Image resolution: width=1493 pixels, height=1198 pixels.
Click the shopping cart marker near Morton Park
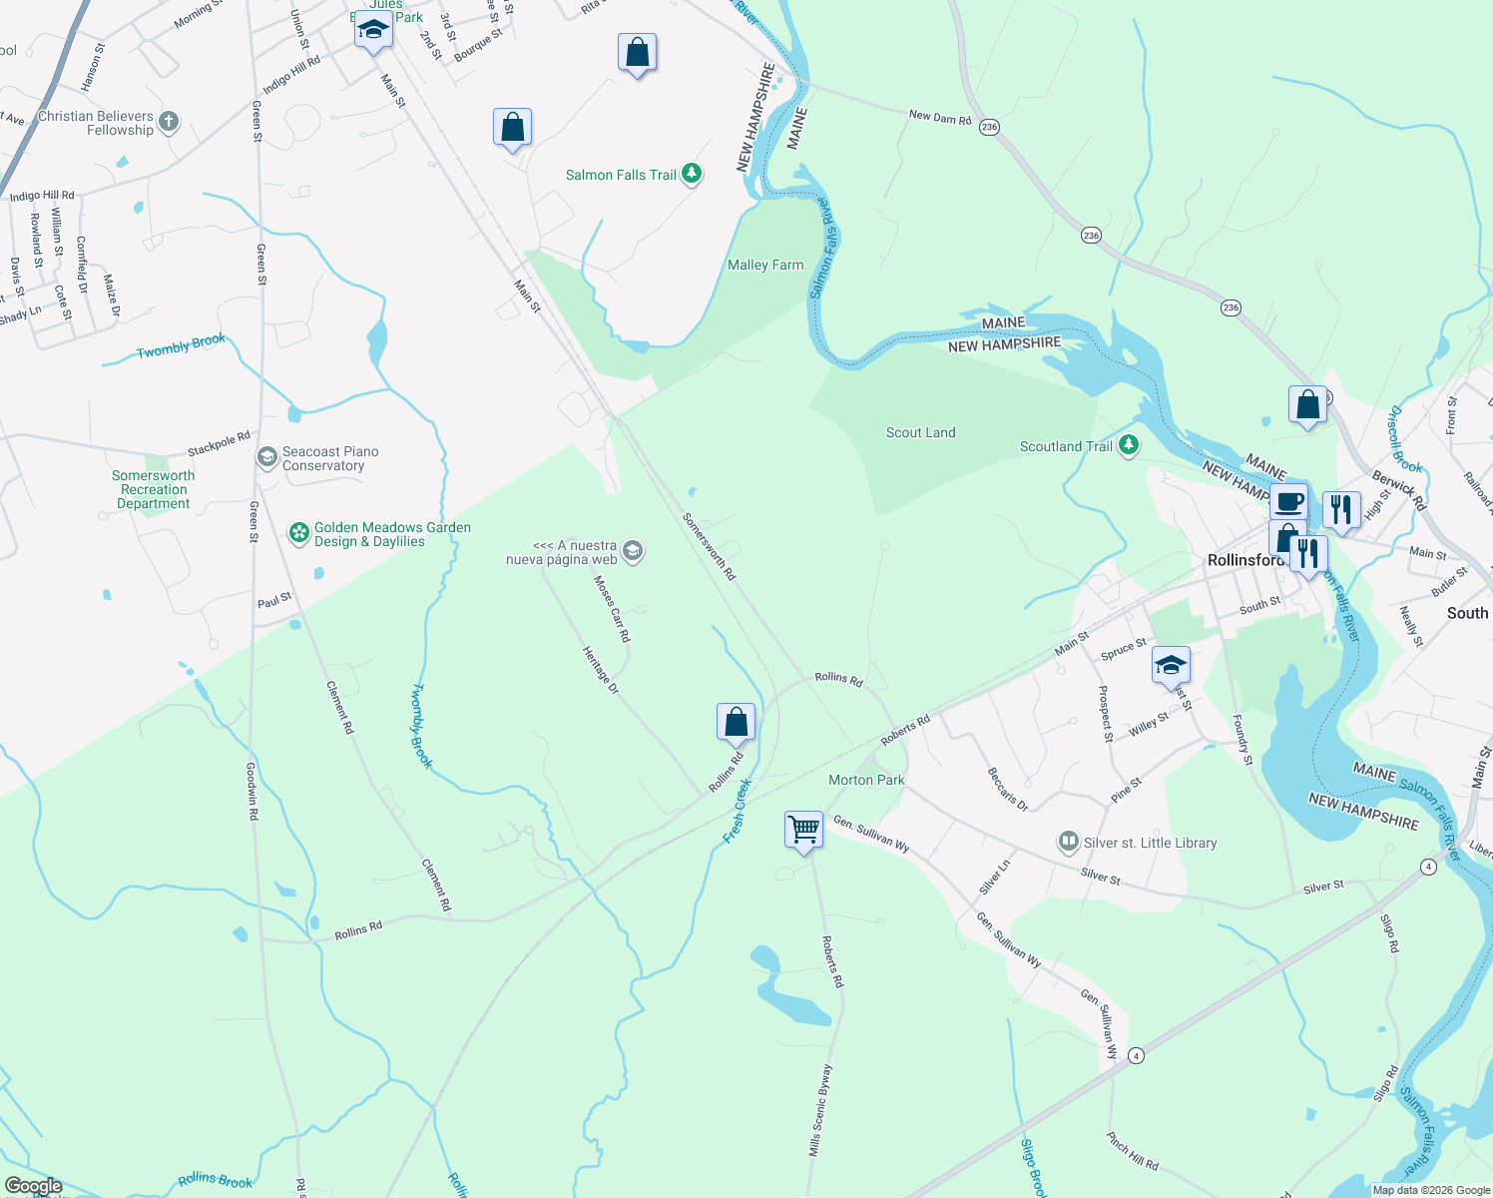click(x=803, y=830)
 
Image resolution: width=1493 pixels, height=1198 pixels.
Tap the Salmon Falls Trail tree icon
click(x=691, y=174)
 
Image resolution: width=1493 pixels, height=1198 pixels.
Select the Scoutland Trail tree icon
click(x=1129, y=445)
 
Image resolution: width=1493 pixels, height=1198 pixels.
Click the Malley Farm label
click(x=765, y=265)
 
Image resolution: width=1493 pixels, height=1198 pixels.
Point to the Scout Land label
click(x=920, y=432)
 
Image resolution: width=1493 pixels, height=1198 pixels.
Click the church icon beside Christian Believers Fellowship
click(x=169, y=122)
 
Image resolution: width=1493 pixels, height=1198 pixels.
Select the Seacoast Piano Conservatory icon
click(x=266, y=457)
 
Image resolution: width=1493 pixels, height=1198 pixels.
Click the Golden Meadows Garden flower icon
click(x=298, y=533)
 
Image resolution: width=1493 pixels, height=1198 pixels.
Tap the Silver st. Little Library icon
click(x=1069, y=843)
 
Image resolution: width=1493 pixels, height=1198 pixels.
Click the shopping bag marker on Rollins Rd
click(x=736, y=722)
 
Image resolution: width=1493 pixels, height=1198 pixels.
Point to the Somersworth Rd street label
click(x=710, y=546)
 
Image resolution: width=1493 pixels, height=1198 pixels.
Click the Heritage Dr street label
click(x=601, y=670)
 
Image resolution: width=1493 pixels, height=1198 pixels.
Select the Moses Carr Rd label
click(x=612, y=608)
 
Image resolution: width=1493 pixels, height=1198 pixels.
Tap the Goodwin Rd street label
click(x=251, y=792)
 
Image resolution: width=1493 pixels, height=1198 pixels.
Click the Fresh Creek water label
click(x=737, y=811)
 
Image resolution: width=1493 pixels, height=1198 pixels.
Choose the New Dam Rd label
click(x=939, y=117)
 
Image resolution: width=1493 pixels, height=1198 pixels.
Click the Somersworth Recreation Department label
click(x=154, y=489)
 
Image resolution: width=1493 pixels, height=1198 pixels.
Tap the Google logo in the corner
click(x=34, y=1186)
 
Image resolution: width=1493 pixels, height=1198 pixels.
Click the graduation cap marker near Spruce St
click(x=1170, y=665)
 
